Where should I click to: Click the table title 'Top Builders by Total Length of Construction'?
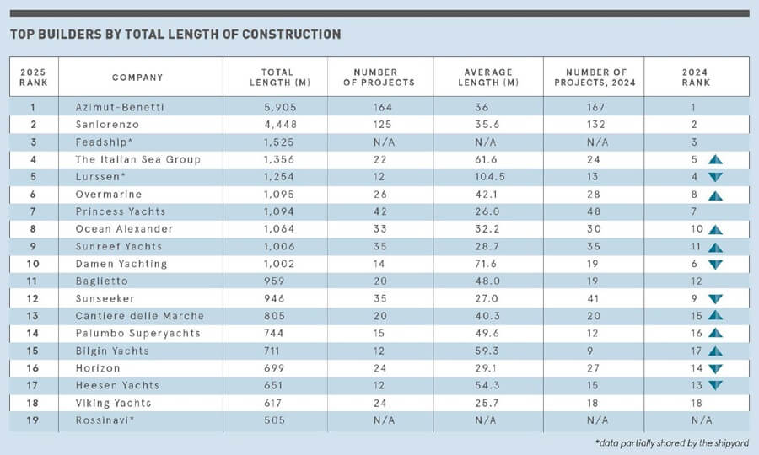tap(175, 35)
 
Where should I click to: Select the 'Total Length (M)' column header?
tap(275, 77)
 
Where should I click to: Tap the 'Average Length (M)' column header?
tap(488, 77)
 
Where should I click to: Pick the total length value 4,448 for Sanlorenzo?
tap(275, 125)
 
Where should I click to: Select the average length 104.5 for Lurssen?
tap(488, 177)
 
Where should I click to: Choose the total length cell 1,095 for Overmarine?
tap(275, 195)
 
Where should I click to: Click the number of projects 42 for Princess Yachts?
tap(380, 211)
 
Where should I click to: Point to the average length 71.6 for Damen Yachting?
tap(488, 264)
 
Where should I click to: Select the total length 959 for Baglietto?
tap(275, 281)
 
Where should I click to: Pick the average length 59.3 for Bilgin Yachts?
tap(488, 351)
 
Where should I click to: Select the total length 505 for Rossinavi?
tap(275, 420)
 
